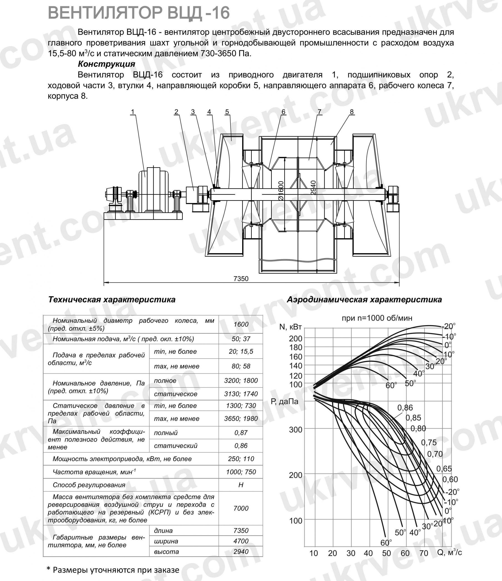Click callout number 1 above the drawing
133,112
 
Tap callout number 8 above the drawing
352,112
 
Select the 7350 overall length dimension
241,279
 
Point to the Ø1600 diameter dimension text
281,191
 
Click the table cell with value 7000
241,508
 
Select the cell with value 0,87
241,432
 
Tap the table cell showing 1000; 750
241,472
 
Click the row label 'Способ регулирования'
89,485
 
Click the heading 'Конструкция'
106,64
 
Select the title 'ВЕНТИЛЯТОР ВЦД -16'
139,13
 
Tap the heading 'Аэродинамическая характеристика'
364,300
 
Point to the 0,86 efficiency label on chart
405,408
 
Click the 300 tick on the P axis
296,430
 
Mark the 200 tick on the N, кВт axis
296,338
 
